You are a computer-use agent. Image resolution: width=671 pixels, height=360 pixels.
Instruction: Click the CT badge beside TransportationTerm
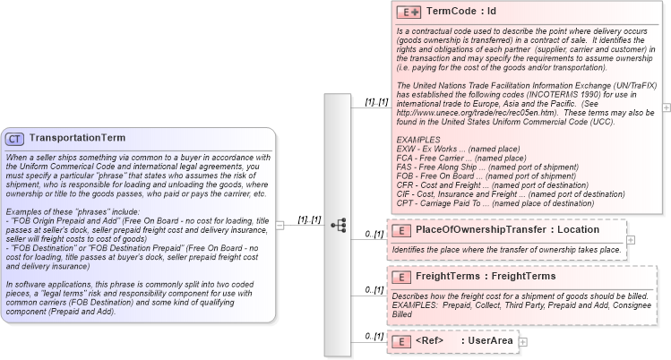(x=15, y=139)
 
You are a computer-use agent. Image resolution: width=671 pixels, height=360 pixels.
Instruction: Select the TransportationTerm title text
(x=77, y=139)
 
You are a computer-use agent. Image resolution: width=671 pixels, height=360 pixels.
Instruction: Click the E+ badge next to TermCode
(x=409, y=13)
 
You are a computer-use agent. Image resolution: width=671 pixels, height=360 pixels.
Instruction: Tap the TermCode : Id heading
(x=460, y=13)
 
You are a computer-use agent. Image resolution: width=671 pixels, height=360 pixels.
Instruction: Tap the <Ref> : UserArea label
(x=462, y=341)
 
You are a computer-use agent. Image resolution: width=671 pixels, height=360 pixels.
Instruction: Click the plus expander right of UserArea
(x=523, y=341)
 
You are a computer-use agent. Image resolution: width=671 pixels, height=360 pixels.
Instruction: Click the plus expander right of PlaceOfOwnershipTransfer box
(x=631, y=239)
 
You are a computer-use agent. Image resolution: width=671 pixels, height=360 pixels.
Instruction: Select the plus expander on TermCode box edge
(x=666, y=107)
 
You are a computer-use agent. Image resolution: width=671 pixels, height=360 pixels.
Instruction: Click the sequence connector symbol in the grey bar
(x=339, y=225)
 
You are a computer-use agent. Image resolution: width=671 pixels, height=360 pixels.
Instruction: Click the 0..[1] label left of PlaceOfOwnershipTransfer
(x=374, y=235)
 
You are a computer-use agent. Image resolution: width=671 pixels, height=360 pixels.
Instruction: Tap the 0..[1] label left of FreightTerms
(x=374, y=290)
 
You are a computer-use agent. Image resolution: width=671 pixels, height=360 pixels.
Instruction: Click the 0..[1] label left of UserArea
(x=374, y=337)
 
